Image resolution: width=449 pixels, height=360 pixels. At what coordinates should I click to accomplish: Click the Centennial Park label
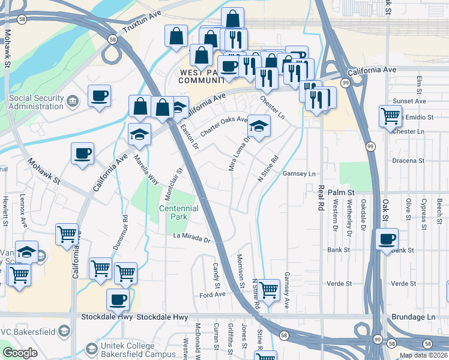(178, 212)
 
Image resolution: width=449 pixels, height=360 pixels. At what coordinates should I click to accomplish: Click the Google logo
(20, 352)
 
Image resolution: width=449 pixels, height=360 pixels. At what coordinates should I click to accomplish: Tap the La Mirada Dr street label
(192, 239)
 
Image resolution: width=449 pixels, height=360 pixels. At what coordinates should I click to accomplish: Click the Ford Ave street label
(212, 295)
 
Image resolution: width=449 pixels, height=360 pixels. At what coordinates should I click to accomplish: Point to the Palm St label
(342, 192)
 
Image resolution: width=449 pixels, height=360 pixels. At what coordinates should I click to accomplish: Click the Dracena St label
(408, 161)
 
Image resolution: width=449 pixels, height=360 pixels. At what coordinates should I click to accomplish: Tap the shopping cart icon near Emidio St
(390, 115)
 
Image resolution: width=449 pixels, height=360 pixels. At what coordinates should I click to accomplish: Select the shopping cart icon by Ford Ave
(268, 290)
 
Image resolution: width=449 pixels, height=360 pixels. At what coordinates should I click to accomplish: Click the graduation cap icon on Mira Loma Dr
(259, 126)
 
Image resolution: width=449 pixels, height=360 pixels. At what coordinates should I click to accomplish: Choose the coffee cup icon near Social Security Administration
(99, 96)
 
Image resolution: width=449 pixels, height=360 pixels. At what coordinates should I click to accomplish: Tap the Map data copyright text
(423, 355)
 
